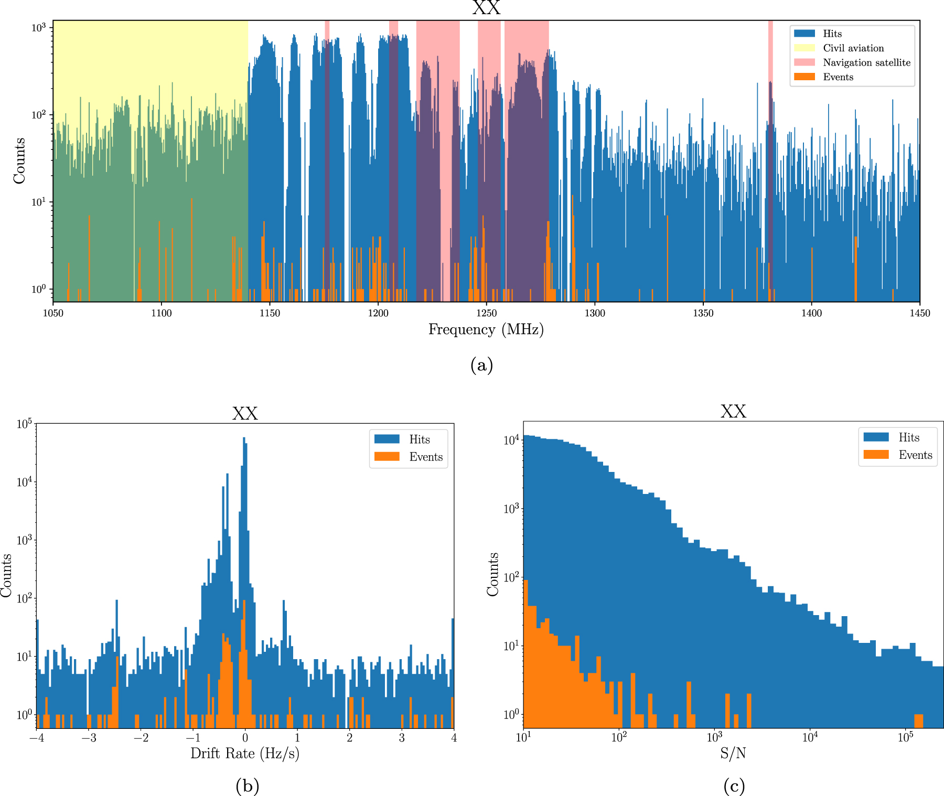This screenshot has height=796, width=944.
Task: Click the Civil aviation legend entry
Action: coord(853,48)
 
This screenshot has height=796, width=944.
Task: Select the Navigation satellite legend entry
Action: coord(866,62)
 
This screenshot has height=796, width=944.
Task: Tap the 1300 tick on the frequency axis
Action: coord(595,314)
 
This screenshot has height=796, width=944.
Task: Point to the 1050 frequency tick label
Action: coord(53,314)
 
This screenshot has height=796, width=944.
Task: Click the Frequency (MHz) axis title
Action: coord(486,330)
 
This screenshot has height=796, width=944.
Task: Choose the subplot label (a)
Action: coord(481,364)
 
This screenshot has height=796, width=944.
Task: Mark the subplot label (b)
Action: coord(247,786)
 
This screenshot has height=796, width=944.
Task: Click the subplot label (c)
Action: coord(734,786)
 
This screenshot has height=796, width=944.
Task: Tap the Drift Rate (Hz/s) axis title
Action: coord(244,754)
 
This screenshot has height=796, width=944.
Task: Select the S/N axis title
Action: coord(733,754)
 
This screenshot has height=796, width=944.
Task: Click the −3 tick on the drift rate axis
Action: coord(88,738)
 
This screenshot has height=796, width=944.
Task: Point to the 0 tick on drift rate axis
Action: coord(245,738)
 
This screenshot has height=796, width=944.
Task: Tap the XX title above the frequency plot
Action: coord(486,8)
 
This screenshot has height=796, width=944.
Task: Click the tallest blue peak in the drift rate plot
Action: coord(244,440)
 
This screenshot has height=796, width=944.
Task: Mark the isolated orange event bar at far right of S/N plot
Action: coord(918,720)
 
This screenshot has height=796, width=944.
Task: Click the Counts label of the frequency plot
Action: coord(19,160)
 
